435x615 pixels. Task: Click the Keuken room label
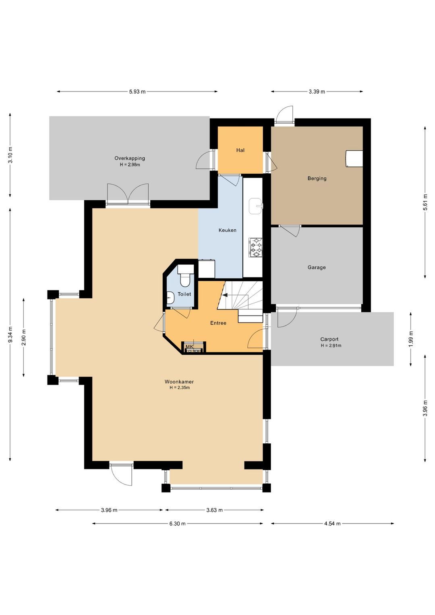pos(227,230)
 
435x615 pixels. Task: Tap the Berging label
pos(317,179)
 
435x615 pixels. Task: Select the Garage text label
pos(317,267)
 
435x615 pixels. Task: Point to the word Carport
pos(329,339)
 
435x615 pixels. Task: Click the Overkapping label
pos(130,158)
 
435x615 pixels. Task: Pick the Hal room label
pos(240,150)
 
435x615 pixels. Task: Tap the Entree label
pos(218,323)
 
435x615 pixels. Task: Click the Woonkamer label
pos(179,382)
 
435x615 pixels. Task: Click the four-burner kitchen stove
pos(255,247)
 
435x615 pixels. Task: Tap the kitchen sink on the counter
pos(255,206)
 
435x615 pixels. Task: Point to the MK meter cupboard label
pos(190,347)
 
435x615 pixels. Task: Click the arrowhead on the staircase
pos(225,295)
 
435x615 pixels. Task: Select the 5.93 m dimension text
pos(137,92)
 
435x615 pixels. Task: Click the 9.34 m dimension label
pos(10,335)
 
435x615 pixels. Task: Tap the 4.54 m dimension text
pos(332,524)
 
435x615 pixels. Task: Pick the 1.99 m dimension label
pos(411,339)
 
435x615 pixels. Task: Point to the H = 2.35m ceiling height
pos(180,388)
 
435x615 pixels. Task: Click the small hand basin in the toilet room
pos(170,298)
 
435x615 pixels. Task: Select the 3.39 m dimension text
pos(317,92)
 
